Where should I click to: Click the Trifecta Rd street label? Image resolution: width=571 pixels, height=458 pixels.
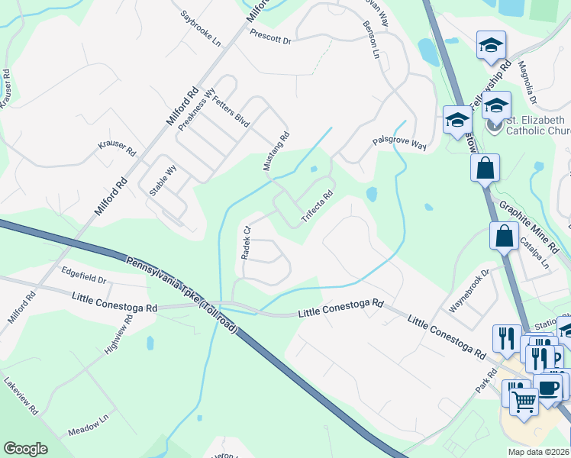coord(318,206)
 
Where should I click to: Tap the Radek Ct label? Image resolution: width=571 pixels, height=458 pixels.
coord(246,243)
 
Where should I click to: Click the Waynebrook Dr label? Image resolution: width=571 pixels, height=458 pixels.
coord(469,291)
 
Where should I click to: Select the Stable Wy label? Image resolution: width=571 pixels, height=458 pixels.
coord(163,181)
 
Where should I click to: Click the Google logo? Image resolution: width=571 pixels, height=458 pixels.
coord(25,449)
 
